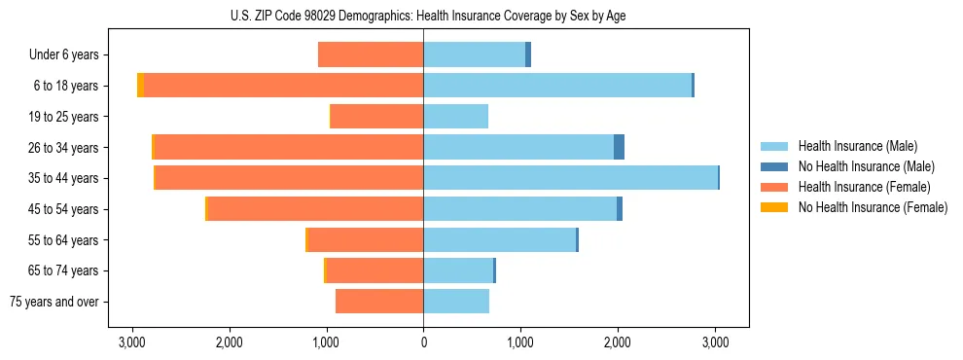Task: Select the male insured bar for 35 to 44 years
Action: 570,178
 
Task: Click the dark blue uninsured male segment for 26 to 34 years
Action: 619,147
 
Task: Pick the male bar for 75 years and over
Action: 456,302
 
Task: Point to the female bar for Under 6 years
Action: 371,54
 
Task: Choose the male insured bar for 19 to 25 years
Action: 455,117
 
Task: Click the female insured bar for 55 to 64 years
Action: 365,239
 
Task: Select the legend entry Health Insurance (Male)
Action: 856,146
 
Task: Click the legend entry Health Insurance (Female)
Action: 864,187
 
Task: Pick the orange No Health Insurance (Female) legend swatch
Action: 774,207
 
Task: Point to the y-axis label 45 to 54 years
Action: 65,209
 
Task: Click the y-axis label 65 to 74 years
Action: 65,270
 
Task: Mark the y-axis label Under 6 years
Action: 69,54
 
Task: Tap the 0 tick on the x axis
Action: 423,342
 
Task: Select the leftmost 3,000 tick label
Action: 131,342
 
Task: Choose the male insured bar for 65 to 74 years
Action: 458,270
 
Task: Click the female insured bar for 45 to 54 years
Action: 315,209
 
